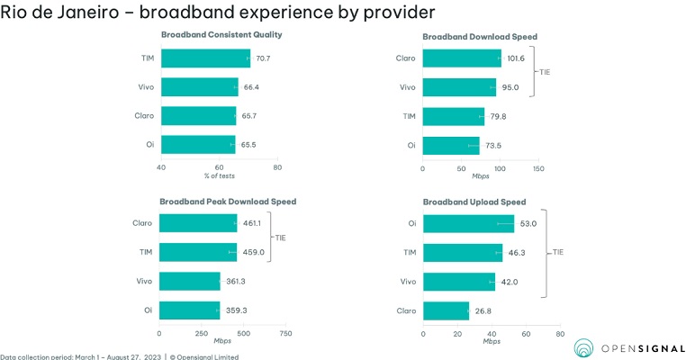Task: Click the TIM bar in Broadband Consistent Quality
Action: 205,58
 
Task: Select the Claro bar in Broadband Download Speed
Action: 461,58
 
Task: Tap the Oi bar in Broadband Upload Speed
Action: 467,224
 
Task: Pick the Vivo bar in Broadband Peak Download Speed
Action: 190,282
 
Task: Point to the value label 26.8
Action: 483,310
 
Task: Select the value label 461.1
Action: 253,223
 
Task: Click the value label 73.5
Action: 494,145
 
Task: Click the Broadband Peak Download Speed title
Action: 228,202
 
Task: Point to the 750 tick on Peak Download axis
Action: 285,333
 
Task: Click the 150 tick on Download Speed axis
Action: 538,167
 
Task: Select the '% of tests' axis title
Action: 219,175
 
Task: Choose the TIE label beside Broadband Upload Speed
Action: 557,253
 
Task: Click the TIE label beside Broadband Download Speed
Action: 544,73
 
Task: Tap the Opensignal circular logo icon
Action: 585,348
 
